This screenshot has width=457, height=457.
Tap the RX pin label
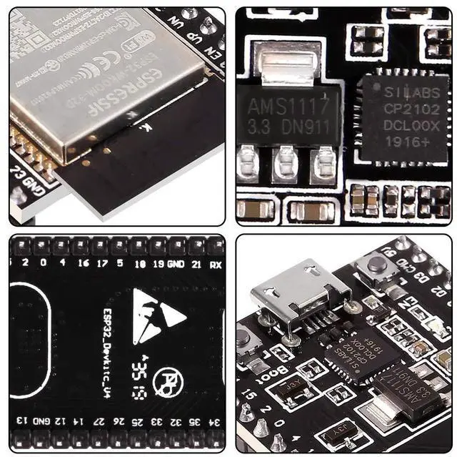tap(215, 264)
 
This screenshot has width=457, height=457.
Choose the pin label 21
tap(195, 264)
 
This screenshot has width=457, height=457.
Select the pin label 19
tap(159, 264)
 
